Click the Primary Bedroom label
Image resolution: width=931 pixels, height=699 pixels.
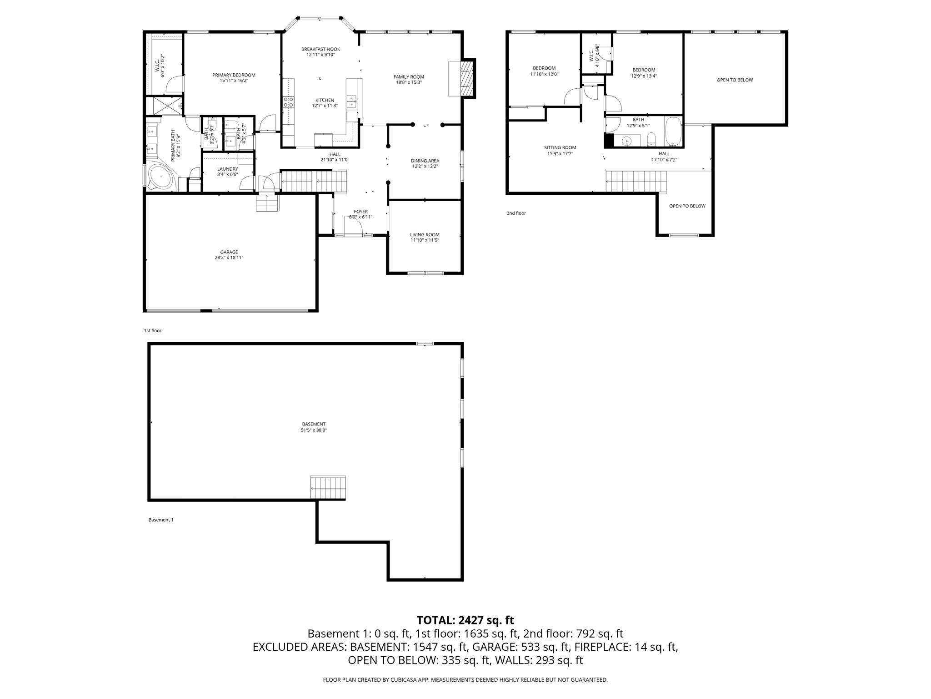pos(234,75)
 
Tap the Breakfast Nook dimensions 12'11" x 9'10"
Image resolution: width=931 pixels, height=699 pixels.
pos(320,55)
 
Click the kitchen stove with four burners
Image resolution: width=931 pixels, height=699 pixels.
pos(288,102)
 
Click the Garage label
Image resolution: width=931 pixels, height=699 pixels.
pos(229,252)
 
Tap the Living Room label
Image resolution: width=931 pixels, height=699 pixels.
pos(425,235)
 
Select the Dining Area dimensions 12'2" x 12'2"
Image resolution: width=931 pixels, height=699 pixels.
pos(425,167)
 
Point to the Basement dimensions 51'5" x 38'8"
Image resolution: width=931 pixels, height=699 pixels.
pos(314,430)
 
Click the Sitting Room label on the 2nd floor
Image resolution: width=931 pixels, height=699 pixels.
pos(560,147)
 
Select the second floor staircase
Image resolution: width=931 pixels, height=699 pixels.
pos(636,182)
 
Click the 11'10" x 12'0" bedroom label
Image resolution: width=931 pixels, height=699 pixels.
pos(544,68)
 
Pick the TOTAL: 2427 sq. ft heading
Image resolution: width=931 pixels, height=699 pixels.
pos(465,620)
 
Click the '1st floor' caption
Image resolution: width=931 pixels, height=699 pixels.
pos(153,331)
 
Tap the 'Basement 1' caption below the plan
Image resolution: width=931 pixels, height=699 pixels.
pos(161,520)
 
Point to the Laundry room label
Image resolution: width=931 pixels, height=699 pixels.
pos(227,169)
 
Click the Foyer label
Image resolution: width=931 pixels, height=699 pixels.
pos(361,212)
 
